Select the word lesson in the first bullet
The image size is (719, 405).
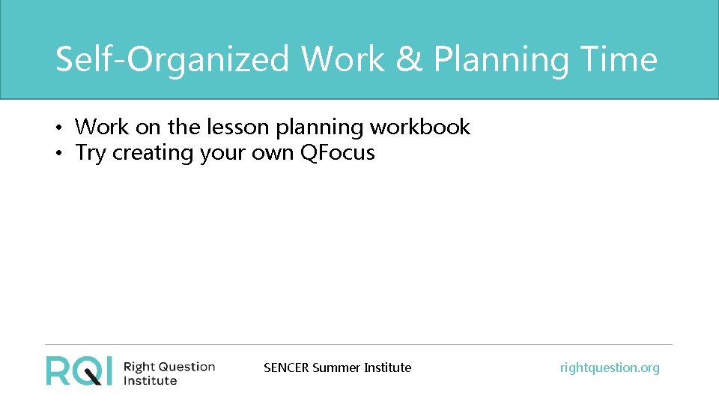236,127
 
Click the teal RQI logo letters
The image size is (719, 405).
79,370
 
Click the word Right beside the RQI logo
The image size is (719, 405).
138,367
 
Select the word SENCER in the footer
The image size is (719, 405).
286,367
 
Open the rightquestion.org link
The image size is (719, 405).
610,367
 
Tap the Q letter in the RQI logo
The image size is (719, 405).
88,370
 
